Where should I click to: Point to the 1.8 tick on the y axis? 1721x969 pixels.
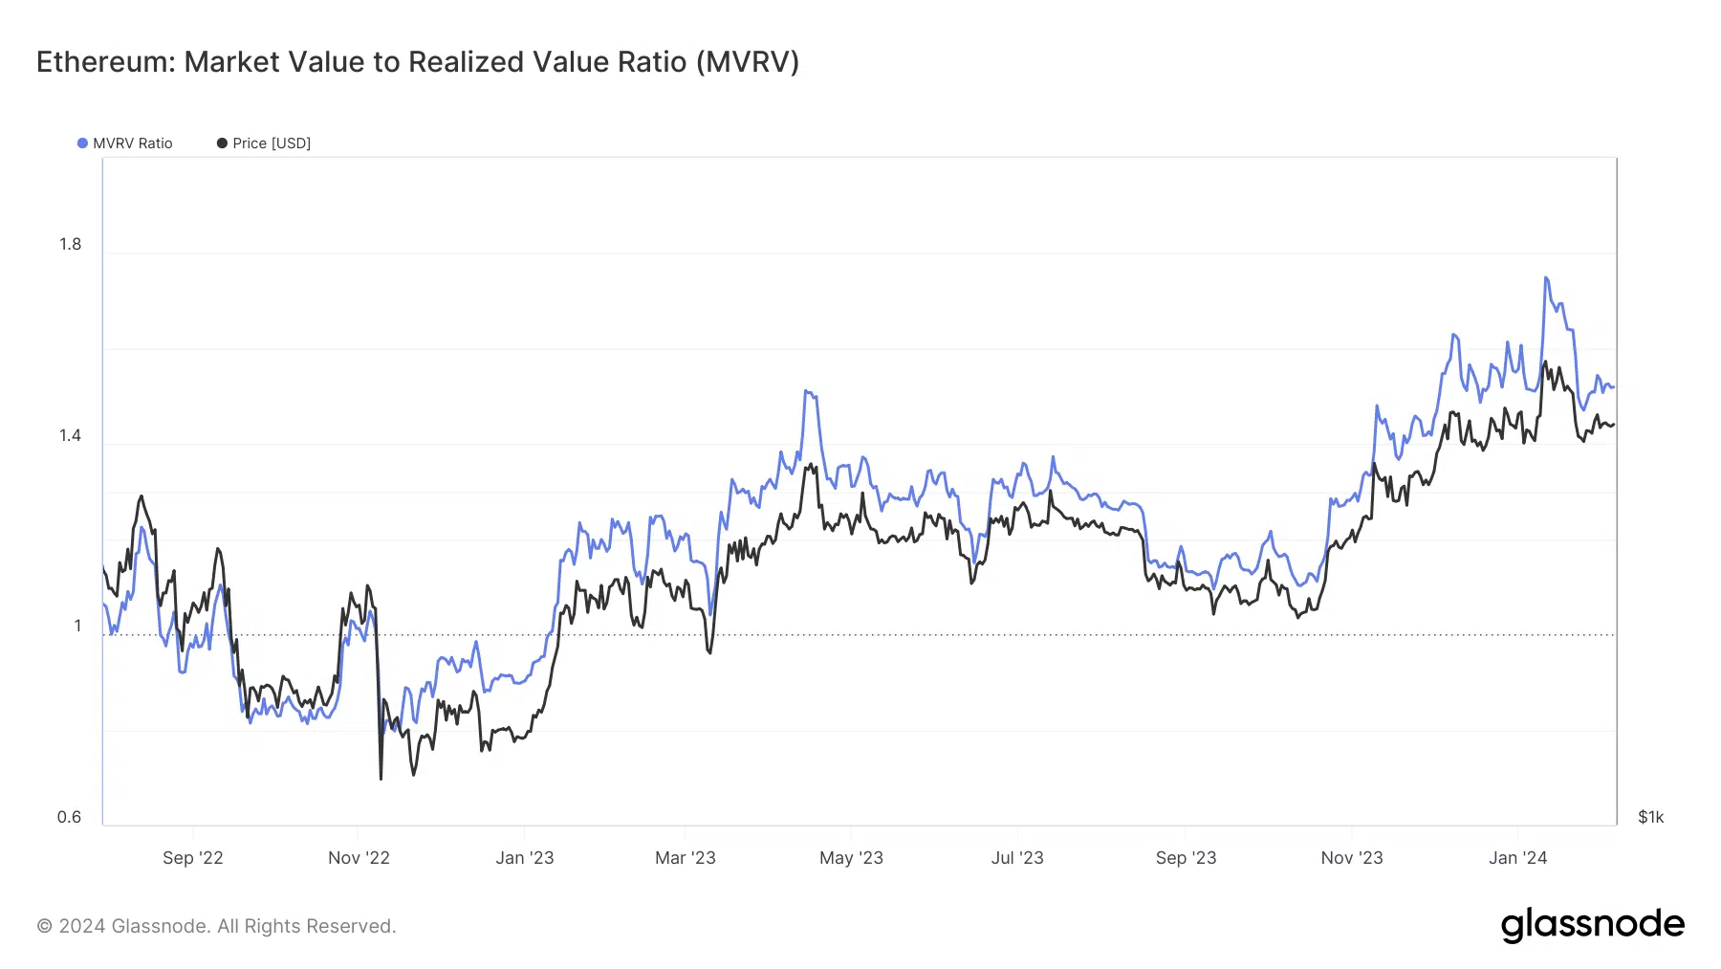click(70, 244)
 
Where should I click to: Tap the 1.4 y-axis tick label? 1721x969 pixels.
click(70, 435)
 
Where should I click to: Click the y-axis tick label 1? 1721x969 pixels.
click(77, 626)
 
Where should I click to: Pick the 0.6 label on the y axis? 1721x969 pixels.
click(69, 817)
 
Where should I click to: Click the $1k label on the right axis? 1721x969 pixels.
click(1650, 817)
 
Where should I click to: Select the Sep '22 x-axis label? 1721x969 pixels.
click(192, 858)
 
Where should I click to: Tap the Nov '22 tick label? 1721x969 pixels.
click(359, 858)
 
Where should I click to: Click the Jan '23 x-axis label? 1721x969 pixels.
click(524, 858)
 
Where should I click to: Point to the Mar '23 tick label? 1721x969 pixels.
click(685, 858)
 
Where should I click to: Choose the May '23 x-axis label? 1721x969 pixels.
click(851, 858)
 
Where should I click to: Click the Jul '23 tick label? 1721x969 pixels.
click(1017, 858)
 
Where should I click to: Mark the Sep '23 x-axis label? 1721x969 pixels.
click(1186, 858)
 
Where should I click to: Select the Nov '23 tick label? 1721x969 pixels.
click(1351, 858)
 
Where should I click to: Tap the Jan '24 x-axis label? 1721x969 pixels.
click(1517, 858)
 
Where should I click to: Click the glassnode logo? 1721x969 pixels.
click(1592, 925)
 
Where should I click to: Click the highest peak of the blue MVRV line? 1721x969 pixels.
click(1545, 277)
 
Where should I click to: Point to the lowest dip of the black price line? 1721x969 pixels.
click(381, 779)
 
